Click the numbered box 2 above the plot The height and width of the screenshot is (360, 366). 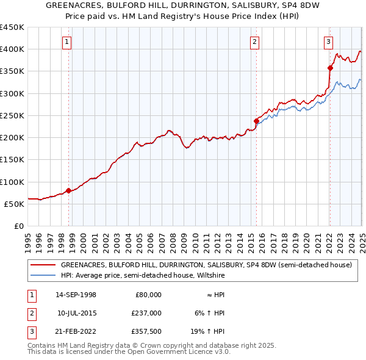point(254,42)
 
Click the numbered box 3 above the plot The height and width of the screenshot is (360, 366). point(328,42)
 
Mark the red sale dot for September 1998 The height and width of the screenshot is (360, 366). point(68,190)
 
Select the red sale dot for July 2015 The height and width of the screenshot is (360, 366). point(256,121)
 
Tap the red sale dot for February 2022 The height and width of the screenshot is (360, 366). point(330,68)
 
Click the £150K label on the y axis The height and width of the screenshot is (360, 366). point(12,160)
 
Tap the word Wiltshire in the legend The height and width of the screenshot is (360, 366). point(237,275)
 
